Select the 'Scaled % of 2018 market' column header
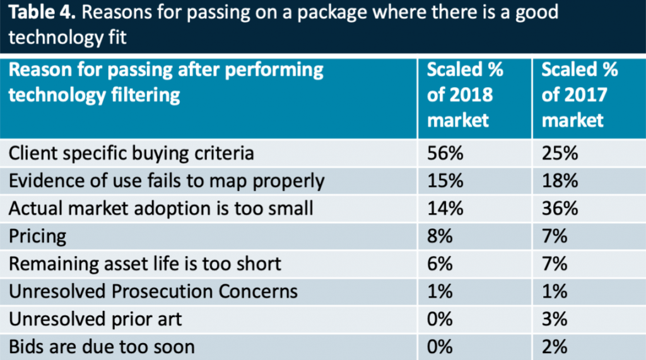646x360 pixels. pos(465,95)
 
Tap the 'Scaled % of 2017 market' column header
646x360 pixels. pos(580,95)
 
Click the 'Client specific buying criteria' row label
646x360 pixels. pos(131,153)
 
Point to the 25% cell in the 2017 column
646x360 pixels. pos(559,153)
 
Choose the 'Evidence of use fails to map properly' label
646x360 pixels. pos(166,180)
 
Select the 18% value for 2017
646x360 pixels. pos(559,180)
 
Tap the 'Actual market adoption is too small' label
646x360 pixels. pos(161,208)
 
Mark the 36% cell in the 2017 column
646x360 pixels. pos(559,208)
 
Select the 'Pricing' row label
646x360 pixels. pos(37,236)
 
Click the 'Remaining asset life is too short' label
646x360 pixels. pos(144,264)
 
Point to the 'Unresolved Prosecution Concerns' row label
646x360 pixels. pos(153,291)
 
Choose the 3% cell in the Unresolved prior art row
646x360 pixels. pos(555,319)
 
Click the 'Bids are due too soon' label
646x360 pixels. pos(101,347)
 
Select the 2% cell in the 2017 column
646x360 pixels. pos(555,347)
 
